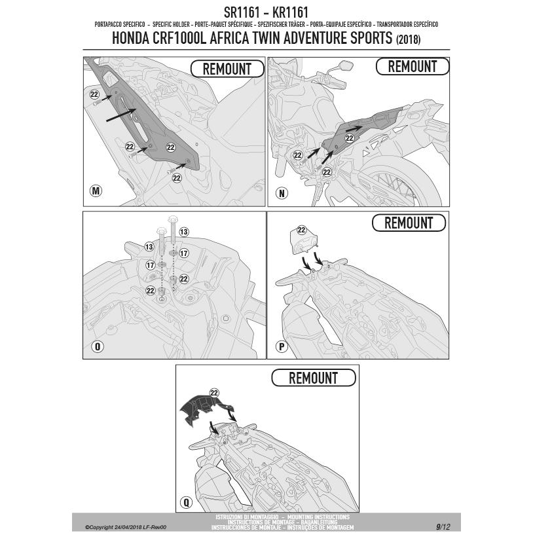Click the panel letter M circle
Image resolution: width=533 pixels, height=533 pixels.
click(x=96, y=191)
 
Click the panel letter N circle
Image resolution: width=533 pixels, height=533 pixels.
click(x=282, y=194)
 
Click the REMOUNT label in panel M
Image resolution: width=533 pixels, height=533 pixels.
click(x=227, y=69)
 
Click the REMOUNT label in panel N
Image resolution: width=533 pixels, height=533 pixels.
click(x=412, y=67)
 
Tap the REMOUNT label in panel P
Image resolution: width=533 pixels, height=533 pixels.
click(x=408, y=223)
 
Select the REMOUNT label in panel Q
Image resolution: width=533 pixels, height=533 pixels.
click(x=313, y=378)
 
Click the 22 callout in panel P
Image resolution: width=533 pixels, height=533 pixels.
click(x=302, y=230)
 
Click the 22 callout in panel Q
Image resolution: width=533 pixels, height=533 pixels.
click(x=214, y=392)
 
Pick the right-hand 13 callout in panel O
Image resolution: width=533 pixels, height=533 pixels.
click(x=184, y=232)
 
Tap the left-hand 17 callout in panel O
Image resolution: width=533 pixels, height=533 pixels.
click(x=150, y=265)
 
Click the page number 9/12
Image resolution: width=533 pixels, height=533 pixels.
click(x=443, y=526)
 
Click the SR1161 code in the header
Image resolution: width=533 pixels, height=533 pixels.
click(x=243, y=12)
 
